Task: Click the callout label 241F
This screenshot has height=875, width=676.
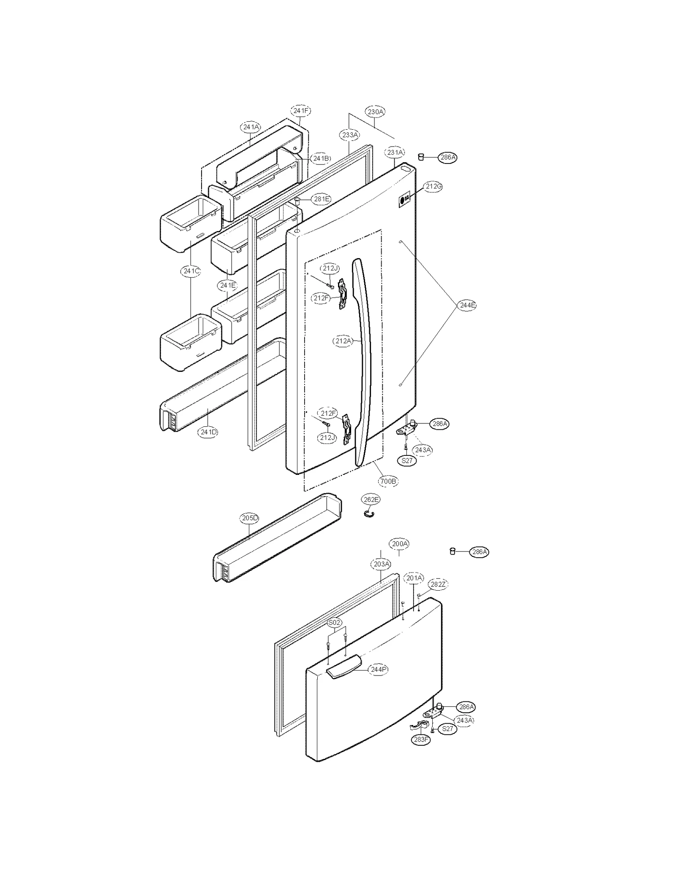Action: coord(300,111)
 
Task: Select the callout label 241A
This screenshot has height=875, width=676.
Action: coord(251,127)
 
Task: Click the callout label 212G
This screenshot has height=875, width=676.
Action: coord(433,186)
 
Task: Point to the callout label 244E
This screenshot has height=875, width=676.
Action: coord(467,305)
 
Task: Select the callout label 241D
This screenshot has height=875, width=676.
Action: coord(209,432)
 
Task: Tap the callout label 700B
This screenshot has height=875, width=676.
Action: coord(388,481)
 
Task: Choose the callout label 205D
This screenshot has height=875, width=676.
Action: coord(250,518)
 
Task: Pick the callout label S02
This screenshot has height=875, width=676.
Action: coord(334,622)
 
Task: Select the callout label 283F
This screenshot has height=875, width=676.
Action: coord(421,739)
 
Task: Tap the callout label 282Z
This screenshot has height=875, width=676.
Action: coord(438,584)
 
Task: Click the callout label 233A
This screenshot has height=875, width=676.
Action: coord(350,135)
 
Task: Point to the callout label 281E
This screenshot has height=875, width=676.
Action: coord(321,199)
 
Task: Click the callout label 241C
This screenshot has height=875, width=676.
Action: coord(191,271)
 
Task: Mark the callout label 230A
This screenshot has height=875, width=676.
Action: coord(375,112)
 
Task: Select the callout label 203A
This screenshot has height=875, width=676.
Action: coord(382,564)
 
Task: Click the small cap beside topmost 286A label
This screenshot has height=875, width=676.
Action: coord(421,157)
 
